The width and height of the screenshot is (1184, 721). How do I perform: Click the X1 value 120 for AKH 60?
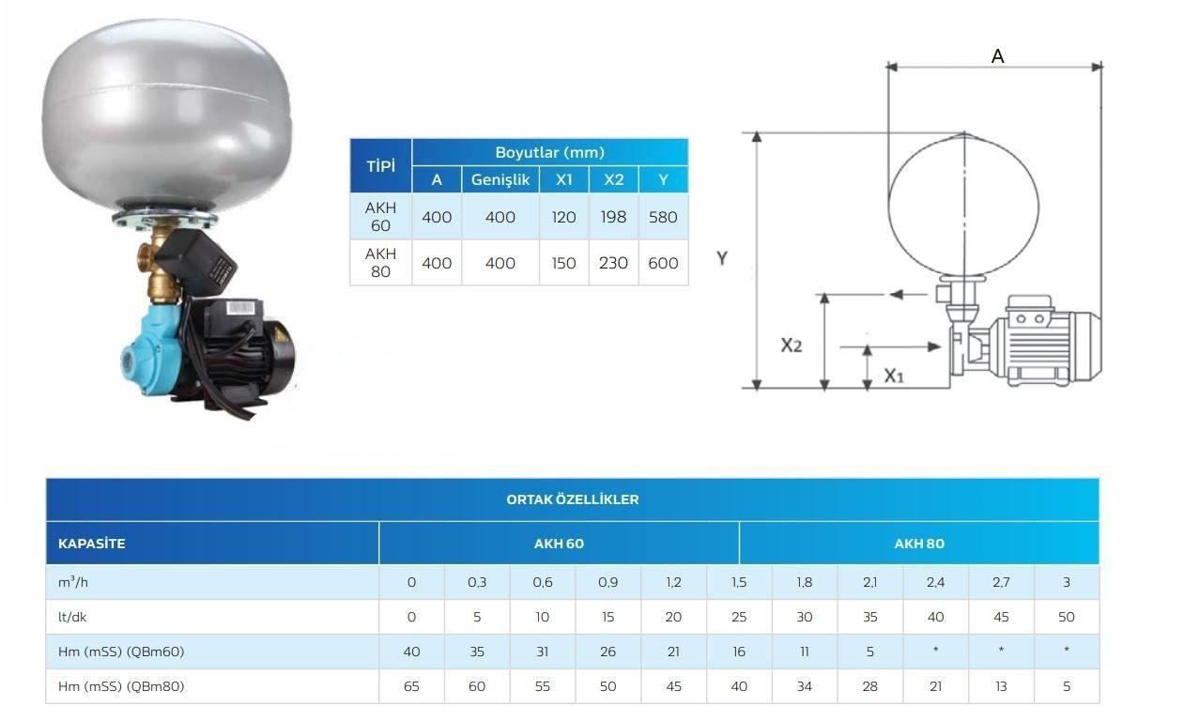coord(563,217)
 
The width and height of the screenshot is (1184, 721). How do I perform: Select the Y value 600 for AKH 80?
coord(663,263)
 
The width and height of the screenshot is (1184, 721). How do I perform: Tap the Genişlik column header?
coord(500,179)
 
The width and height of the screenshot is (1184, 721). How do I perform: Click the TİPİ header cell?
coord(380,166)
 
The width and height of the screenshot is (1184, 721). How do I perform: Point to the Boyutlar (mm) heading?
coord(549,152)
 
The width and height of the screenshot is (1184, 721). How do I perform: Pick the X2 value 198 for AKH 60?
coord(613,217)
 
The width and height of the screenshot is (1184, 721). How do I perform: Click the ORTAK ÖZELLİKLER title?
coord(573,499)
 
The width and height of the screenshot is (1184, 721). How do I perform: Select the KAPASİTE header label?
coord(91,544)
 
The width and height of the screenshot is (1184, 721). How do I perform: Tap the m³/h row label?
coord(73,582)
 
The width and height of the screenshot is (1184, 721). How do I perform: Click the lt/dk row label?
coord(72,617)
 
